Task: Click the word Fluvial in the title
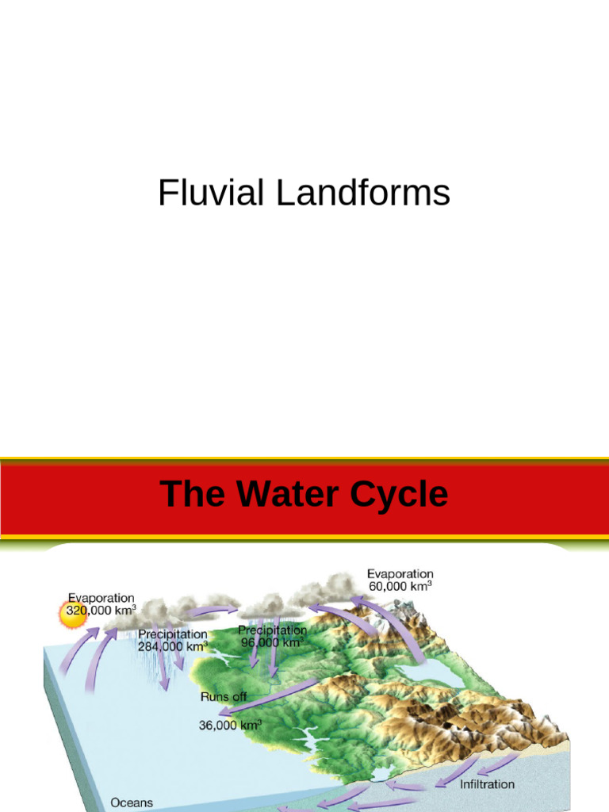click(x=211, y=193)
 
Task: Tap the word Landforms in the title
click(x=363, y=193)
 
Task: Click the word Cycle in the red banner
click(x=399, y=495)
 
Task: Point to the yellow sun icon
click(x=73, y=615)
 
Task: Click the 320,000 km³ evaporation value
click(x=101, y=610)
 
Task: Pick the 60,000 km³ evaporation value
click(x=400, y=586)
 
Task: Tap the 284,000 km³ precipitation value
click(x=172, y=646)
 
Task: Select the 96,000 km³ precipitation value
click(x=271, y=642)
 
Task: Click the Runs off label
click(x=224, y=696)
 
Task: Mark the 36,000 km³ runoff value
click(x=231, y=725)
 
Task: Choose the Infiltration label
click(x=488, y=784)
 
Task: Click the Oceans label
click(x=132, y=802)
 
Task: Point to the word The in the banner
click(x=193, y=493)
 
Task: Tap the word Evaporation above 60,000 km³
click(x=400, y=574)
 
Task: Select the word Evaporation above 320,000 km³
click(x=101, y=598)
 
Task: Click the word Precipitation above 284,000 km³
click(x=172, y=634)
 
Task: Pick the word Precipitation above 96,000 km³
click(x=273, y=630)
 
